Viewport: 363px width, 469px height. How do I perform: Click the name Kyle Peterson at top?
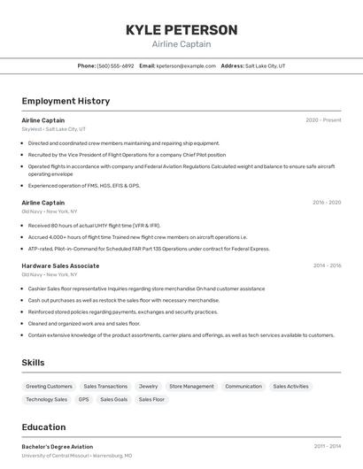click(x=181, y=30)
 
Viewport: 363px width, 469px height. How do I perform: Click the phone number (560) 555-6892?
click(x=115, y=65)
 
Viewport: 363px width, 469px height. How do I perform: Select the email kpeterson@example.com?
click(x=186, y=65)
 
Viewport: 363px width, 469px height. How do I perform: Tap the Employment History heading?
click(x=66, y=101)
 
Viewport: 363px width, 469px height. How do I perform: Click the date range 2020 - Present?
click(x=323, y=120)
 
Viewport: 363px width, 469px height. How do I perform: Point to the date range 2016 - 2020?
click(x=326, y=203)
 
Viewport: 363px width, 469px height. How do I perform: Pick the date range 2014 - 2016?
click(x=326, y=265)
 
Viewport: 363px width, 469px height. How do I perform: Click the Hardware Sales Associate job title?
click(x=60, y=265)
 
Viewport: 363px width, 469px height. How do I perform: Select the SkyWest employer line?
click(x=53, y=129)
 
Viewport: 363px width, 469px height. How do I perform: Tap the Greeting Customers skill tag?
click(x=49, y=386)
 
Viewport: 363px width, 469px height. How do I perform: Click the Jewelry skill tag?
click(x=148, y=386)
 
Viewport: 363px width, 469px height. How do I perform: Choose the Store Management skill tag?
click(x=191, y=386)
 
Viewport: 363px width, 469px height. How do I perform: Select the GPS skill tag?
click(x=83, y=399)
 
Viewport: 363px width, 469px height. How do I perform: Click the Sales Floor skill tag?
click(x=151, y=399)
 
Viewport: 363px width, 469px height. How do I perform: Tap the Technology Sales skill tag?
click(x=46, y=399)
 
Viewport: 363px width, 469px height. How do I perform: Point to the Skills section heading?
click(x=33, y=362)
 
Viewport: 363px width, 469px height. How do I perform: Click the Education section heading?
click(x=43, y=427)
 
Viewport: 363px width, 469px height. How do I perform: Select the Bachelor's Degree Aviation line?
click(x=57, y=447)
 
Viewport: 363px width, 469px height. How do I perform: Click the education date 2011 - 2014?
click(x=327, y=447)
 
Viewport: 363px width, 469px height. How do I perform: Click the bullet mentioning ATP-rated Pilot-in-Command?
click(x=148, y=249)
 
